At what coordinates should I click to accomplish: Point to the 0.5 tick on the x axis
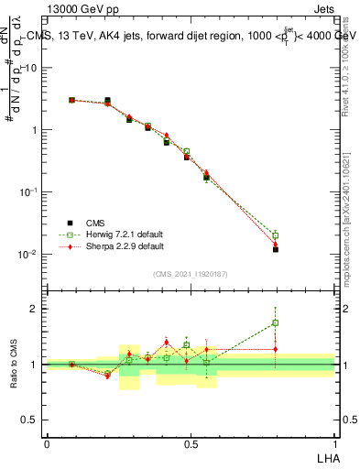pyautogui.click(x=191, y=444)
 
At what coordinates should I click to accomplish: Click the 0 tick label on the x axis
pyautogui.click(x=47, y=444)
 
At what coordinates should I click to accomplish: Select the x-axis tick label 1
pyautogui.click(x=334, y=444)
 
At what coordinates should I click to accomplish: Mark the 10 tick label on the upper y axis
pyautogui.click(x=30, y=68)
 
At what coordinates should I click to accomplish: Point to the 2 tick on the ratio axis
pyautogui.click(x=34, y=309)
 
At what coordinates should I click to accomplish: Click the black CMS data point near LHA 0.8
pyautogui.click(x=276, y=249)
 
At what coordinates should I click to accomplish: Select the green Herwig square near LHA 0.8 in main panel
pyautogui.click(x=276, y=235)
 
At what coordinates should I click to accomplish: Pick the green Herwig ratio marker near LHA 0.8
pyautogui.click(x=276, y=322)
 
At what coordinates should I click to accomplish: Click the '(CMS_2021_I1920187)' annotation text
pyautogui.click(x=191, y=273)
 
